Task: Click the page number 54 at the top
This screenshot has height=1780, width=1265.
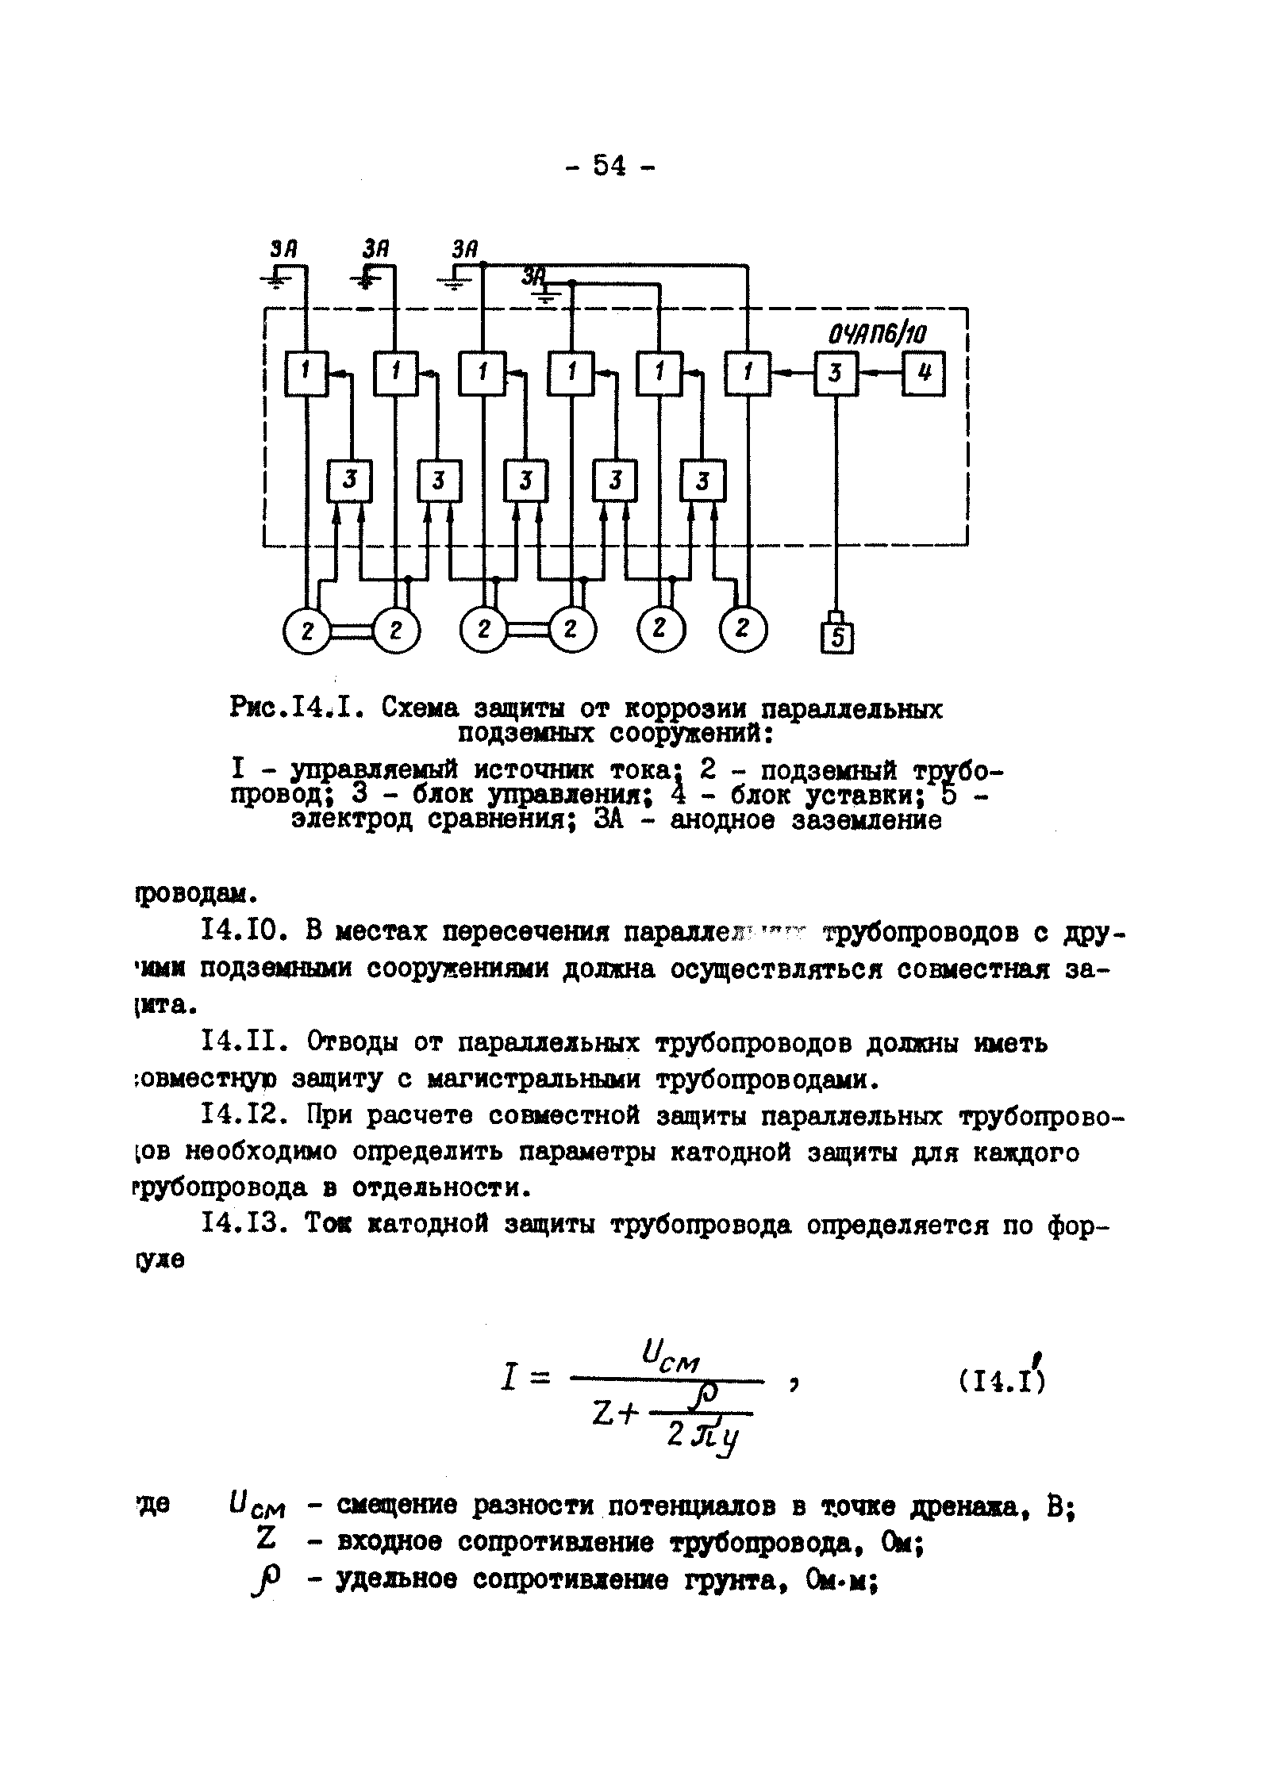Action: point(609,166)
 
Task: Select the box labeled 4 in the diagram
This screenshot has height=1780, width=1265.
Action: point(923,372)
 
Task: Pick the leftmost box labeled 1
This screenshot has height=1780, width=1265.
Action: point(306,372)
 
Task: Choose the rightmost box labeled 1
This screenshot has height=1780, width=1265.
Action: point(748,372)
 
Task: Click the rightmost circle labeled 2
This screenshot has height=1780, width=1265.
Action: point(744,627)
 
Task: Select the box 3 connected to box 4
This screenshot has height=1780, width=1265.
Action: point(835,372)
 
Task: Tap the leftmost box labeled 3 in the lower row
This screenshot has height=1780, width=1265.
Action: point(350,481)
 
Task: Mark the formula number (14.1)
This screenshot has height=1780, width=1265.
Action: point(1001,1381)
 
